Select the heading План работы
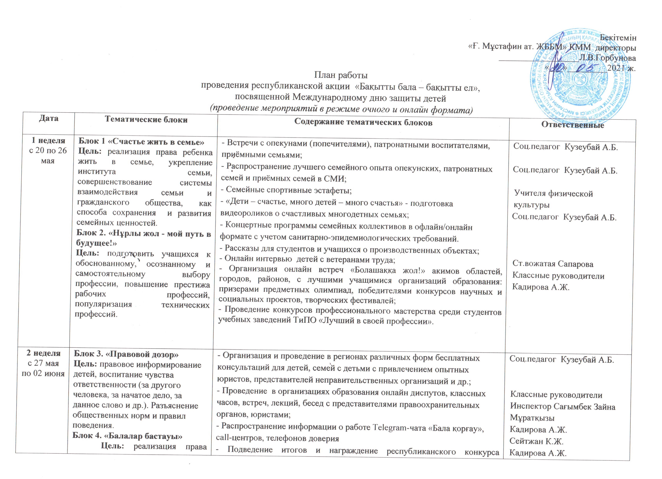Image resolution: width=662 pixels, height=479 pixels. coord(341,75)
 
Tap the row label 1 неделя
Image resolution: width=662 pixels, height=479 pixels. coord(48,141)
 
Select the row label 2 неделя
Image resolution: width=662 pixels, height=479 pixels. coord(44,353)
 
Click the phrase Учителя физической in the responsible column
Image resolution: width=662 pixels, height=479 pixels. coord(553,193)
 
